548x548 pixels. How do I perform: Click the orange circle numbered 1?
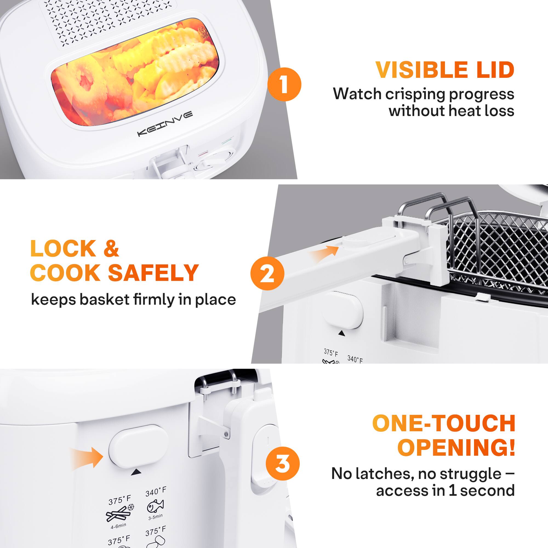[284, 84]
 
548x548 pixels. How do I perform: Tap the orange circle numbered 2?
[267, 273]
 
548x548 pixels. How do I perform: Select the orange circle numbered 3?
[282, 464]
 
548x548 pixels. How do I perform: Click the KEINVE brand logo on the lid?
[165, 124]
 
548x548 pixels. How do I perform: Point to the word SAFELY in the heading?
[153, 273]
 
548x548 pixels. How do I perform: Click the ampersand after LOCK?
[111, 249]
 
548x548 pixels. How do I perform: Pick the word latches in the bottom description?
[385, 473]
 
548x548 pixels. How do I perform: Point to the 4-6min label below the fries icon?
[118, 526]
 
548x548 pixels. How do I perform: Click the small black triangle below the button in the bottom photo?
[136, 472]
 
